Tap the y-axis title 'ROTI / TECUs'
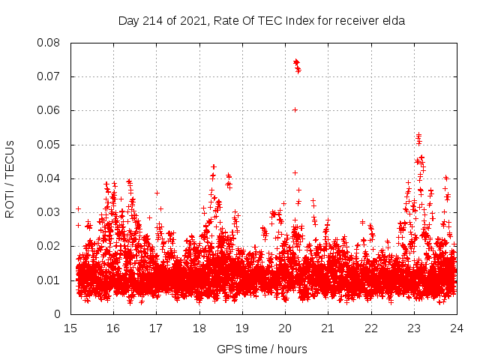point(10,178)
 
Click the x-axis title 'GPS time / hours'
point(262,349)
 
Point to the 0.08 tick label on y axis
point(49,43)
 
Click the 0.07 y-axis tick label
point(49,76)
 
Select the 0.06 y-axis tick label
point(49,110)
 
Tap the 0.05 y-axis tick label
point(49,144)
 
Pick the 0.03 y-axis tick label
point(49,212)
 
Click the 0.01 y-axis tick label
point(49,280)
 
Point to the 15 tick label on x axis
point(70,328)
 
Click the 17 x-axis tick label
point(156,328)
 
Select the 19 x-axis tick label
point(242,328)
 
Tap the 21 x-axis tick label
point(328,328)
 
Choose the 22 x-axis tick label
point(370,328)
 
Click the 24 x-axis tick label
point(456,328)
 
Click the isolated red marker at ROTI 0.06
point(295,110)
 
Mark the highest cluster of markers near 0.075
point(296,62)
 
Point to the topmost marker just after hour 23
point(418,135)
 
